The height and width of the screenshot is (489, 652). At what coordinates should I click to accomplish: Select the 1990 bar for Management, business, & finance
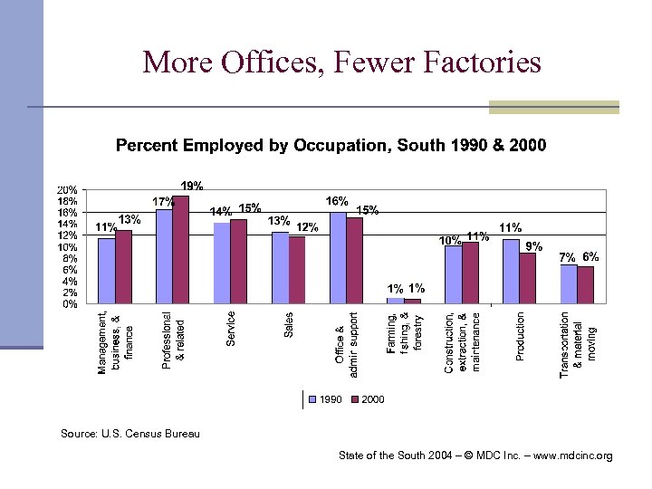click(x=107, y=271)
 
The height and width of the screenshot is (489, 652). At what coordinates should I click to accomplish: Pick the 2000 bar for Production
click(x=528, y=278)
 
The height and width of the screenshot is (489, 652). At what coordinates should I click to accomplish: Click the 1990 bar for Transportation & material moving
click(x=569, y=283)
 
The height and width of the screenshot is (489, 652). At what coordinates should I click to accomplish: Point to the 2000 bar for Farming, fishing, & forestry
click(x=413, y=301)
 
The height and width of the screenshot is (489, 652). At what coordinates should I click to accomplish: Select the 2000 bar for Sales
click(x=297, y=270)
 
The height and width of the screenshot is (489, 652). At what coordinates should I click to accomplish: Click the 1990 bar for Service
click(x=222, y=263)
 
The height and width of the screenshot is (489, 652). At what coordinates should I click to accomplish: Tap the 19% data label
click(x=191, y=186)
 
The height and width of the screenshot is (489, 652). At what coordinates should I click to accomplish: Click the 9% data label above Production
click(x=534, y=245)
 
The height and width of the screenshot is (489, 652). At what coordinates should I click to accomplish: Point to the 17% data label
click(x=163, y=201)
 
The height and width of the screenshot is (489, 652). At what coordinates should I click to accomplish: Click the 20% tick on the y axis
click(x=68, y=190)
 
